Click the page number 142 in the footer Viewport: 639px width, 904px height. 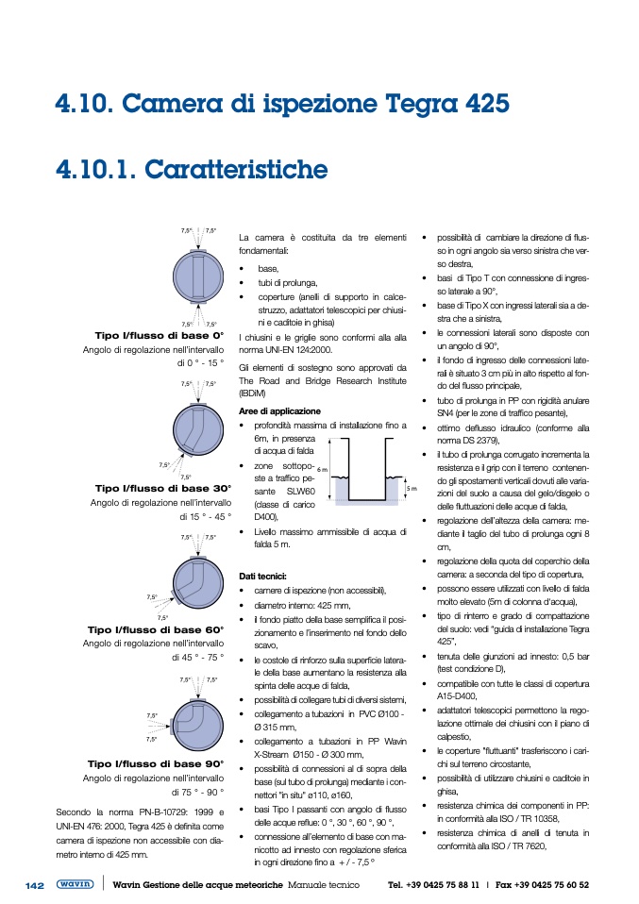point(35,885)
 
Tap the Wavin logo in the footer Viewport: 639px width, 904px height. point(75,885)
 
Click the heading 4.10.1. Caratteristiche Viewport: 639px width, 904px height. point(192,170)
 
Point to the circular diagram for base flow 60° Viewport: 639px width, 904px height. point(196,585)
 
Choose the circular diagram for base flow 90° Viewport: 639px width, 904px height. point(196,722)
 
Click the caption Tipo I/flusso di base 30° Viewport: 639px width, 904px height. point(163,489)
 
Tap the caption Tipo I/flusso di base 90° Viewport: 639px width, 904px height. point(156,764)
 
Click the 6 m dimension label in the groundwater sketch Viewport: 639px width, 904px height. point(322,469)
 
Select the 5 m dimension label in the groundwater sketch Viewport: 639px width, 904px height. point(411,489)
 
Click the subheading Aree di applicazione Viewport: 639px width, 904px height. point(279,411)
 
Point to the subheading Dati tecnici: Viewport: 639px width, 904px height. point(262,575)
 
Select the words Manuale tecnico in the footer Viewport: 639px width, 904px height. point(324,885)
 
